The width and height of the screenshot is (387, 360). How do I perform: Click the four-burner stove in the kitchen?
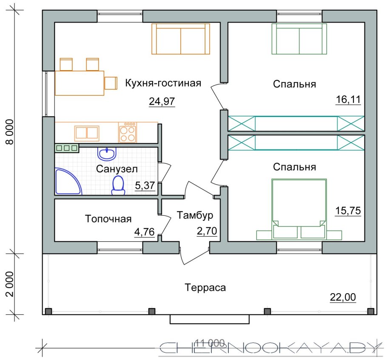pos(128,132)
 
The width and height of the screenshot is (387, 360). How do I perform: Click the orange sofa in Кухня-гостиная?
pos(181,39)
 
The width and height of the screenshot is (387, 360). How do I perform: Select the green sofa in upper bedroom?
pos(299,39)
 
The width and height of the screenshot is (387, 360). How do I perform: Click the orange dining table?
pos(80,83)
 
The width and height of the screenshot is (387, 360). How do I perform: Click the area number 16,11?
pos(348,100)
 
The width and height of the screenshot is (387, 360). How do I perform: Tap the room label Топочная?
pos(108,219)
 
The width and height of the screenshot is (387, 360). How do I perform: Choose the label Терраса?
pos(205,288)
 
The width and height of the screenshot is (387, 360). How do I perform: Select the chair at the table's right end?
pos(111,83)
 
